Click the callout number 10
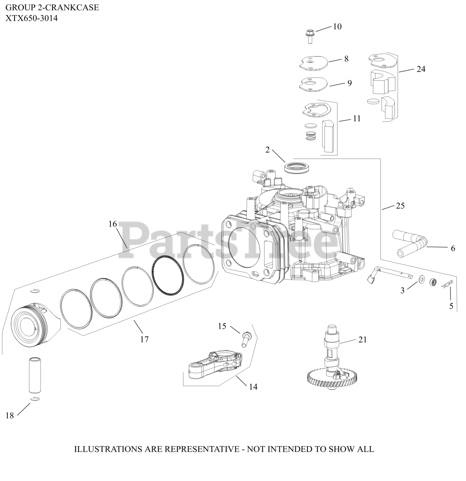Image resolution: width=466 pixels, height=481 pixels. click(x=337, y=26)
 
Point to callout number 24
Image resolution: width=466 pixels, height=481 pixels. click(x=421, y=69)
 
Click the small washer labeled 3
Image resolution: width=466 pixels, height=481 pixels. click(x=422, y=279)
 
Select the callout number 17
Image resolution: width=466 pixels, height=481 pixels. click(x=144, y=339)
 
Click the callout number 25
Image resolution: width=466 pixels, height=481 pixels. click(x=400, y=206)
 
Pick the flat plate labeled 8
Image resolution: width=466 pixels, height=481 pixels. click(x=314, y=62)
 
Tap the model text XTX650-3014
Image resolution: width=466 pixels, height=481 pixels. click(x=32, y=18)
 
